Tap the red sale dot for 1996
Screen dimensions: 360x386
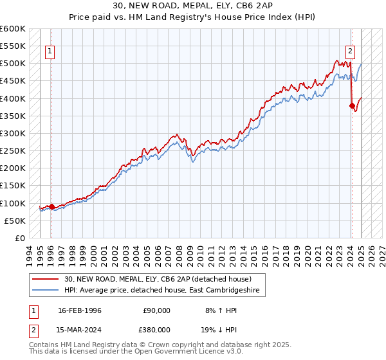51,206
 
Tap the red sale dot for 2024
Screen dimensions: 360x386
352,105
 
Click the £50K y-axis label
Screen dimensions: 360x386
15,221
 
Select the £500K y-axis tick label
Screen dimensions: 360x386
12,64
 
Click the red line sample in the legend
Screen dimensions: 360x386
46,279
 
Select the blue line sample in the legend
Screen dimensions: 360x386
46,291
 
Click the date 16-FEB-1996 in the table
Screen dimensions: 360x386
80,310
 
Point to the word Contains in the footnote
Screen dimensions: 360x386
45,345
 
